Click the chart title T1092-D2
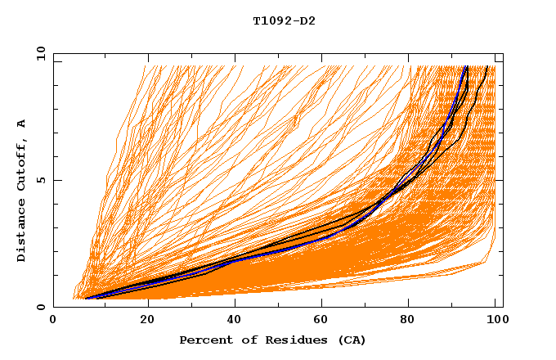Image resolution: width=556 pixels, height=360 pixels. (x=284, y=21)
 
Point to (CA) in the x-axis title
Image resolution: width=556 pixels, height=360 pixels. (x=350, y=340)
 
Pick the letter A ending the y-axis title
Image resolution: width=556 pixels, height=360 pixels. (x=22, y=124)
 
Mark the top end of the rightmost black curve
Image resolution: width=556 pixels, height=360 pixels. (x=487, y=66)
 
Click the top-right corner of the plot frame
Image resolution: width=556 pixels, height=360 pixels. (x=503, y=54)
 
